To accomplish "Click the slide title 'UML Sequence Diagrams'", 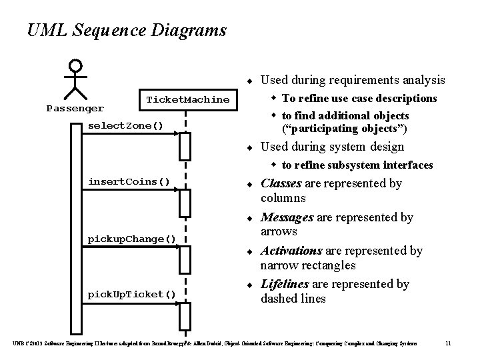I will pos(127,31).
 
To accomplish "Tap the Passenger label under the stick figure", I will pos(75,107).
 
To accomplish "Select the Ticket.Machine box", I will pos(187,99).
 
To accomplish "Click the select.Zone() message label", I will pos(126,125).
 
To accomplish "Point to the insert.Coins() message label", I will pos(129,181).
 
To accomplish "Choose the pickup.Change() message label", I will pos(132,238).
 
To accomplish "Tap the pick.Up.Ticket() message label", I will pos(132,294).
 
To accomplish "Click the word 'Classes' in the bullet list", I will pos(281,183).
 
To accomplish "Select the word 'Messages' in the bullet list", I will pos(287,217).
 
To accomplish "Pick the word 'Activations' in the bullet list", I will pos(291,251).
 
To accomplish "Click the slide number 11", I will pos(448,343).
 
